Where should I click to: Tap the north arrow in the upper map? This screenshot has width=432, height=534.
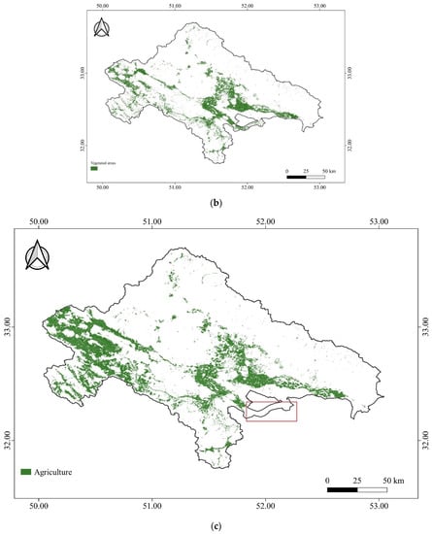102,28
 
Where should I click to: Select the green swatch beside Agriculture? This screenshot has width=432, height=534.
26,472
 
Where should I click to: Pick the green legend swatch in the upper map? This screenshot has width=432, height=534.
94,168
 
